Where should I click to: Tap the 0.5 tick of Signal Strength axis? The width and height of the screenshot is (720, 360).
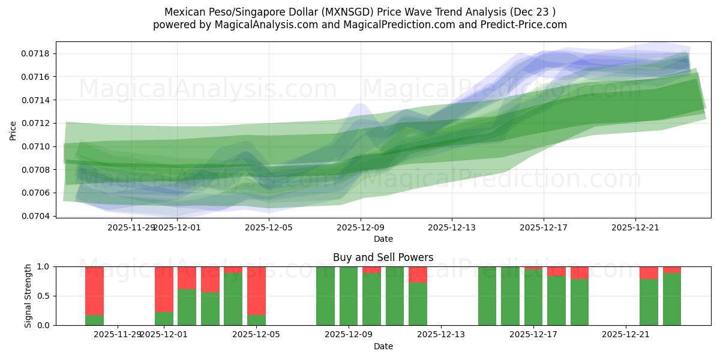[46, 296]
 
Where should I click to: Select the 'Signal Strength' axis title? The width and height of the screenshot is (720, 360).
[28, 296]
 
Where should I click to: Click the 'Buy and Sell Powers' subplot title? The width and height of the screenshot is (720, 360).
[383, 257]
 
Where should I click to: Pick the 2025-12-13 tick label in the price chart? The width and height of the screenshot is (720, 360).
[452, 227]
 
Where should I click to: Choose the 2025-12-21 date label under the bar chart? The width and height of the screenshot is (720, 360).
[626, 334]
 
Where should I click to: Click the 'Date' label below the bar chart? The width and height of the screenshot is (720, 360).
[383, 346]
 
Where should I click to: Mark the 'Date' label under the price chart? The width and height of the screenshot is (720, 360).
[383, 239]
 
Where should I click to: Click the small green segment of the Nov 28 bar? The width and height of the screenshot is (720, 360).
[95, 320]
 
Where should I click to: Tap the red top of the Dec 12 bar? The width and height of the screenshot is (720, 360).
[418, 274]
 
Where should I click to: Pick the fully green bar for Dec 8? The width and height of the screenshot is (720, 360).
[325, 296]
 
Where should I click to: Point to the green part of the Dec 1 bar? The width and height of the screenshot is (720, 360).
[164, 319]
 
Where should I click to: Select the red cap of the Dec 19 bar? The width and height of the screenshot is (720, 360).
[580, 272]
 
